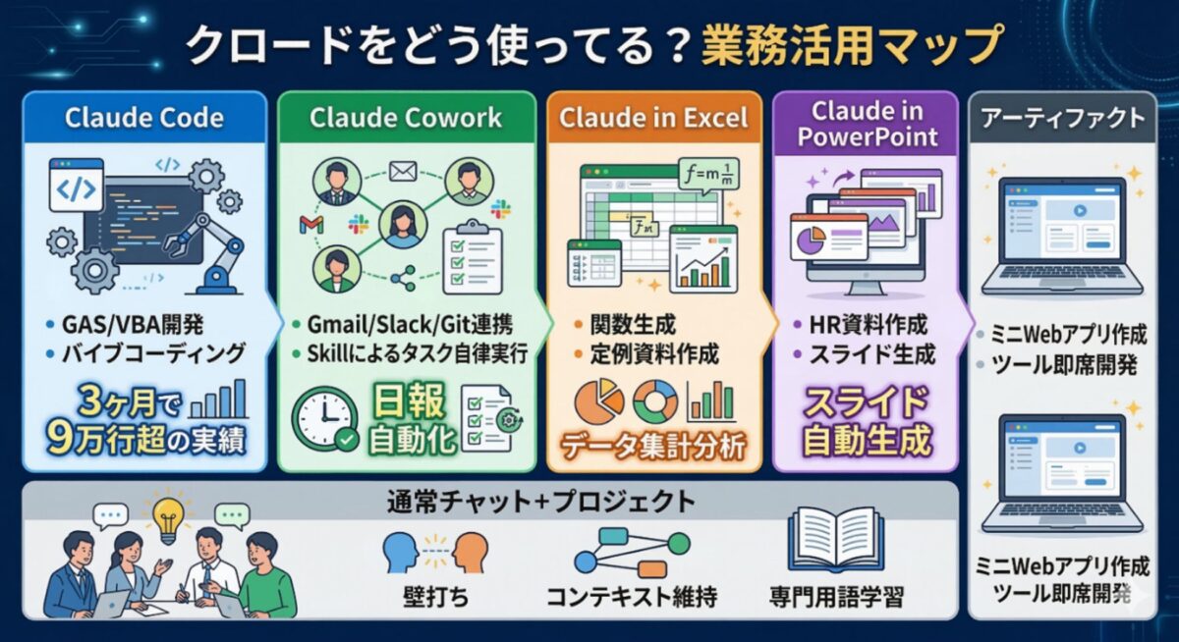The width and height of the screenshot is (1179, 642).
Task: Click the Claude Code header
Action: (143, 119)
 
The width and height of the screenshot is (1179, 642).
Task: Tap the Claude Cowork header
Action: (406, 119)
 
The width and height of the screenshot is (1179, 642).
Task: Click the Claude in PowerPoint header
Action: (866, 125)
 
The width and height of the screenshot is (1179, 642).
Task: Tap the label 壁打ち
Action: (428, 595)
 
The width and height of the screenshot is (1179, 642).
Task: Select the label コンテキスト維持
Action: (631, 595)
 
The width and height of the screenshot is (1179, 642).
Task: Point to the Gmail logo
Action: (310, 226)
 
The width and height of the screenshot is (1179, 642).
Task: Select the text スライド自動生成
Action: (866, 422)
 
